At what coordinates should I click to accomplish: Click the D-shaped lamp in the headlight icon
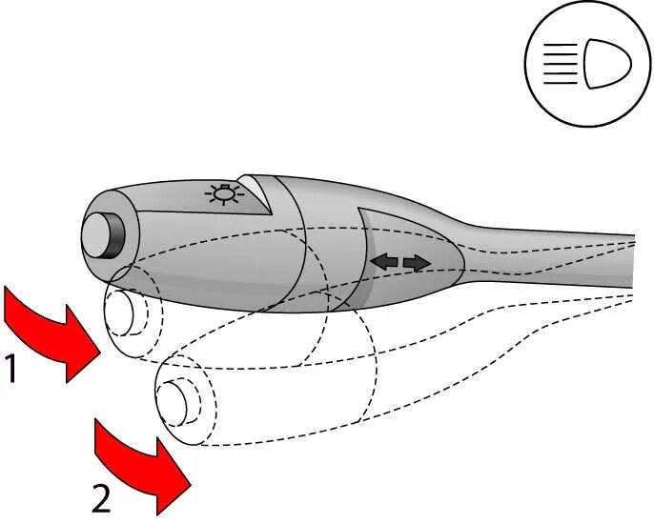coord(607,64)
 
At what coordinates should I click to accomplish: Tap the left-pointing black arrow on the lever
coord(385,260)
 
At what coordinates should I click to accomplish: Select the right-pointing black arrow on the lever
coord(417,261)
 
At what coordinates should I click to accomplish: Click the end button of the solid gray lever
coord(95,234)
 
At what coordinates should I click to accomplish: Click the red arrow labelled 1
coord(53,333)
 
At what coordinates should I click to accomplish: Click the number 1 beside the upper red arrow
coord(10,369)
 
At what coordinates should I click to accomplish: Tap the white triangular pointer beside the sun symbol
coord(255,190)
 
